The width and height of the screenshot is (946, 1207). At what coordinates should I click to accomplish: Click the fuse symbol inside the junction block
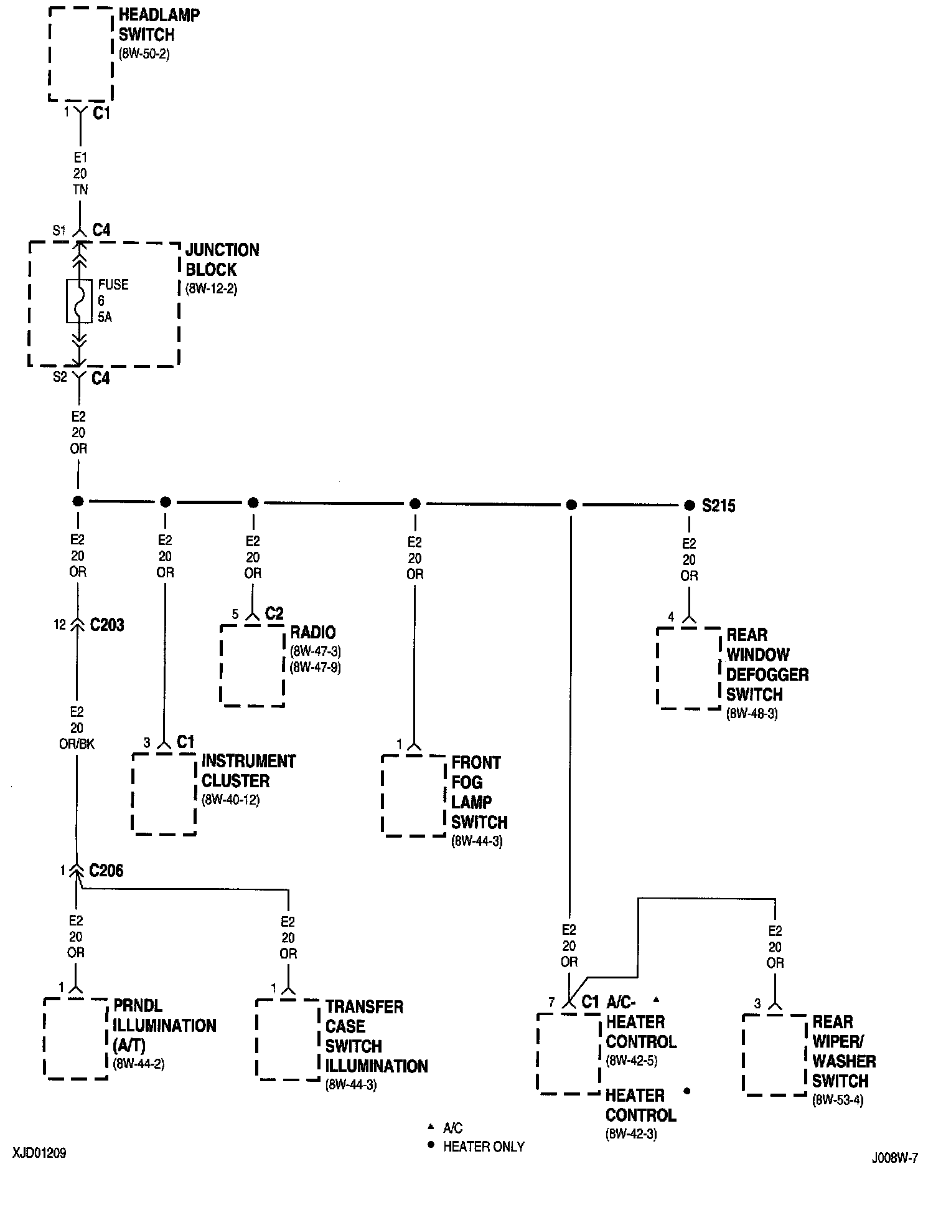point(79,301)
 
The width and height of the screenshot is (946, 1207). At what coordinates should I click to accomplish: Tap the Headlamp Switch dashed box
point(81,54)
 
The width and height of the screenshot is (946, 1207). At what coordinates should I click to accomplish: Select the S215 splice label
point(718,506)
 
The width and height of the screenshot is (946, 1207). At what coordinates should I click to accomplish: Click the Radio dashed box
point(252,665)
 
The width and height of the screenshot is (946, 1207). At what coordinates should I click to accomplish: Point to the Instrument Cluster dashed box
point(164,794)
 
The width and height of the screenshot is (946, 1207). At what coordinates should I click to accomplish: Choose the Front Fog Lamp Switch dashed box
point(414,795)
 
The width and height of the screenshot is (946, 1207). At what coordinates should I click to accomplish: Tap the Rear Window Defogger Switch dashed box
point(688,668)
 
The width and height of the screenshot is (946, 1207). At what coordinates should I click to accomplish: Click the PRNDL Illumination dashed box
point(76,1038)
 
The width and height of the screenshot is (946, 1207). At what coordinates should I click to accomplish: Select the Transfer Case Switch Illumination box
point(288,1039)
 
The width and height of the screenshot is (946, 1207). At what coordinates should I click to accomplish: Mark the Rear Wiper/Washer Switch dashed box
point(774,1054)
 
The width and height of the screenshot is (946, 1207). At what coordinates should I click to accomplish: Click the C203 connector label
point(107,625)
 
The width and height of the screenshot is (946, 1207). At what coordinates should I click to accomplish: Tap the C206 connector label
point(106,870)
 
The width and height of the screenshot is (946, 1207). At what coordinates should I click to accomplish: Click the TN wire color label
point(80,189)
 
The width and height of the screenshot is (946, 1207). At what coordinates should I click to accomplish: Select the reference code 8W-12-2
point(211,289)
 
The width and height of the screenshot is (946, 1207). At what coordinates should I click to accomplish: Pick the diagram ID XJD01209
point(39,1153)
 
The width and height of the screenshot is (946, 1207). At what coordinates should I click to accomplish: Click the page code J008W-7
point(894,1158)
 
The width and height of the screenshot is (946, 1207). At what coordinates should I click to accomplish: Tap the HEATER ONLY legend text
point(484,1147)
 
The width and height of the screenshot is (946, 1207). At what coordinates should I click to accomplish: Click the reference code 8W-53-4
point(838,1100)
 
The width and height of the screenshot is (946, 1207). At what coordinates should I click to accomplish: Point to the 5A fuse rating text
point(105,317)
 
